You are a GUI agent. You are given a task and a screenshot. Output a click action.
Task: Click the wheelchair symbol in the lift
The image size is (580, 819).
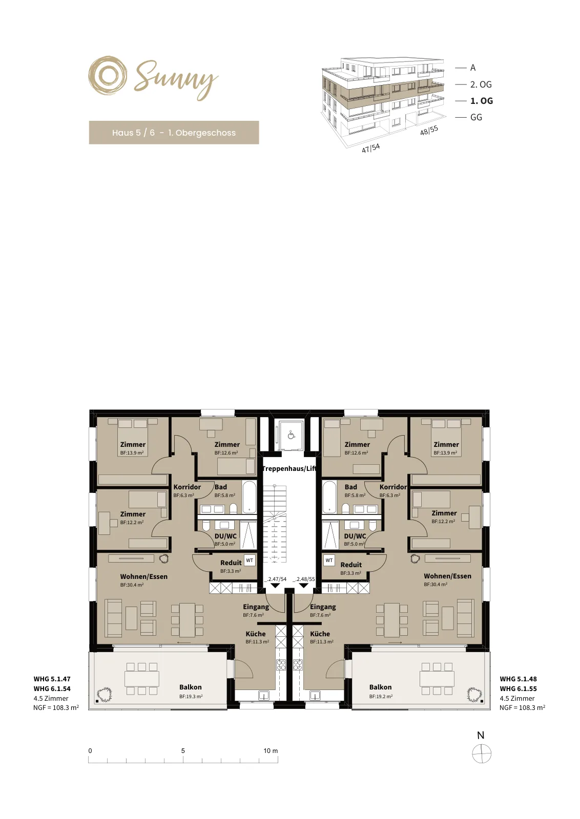click(291, 435)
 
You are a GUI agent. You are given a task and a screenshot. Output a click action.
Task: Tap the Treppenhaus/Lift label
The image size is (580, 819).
click(289, 469)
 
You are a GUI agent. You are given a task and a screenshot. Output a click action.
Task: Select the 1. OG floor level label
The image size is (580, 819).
click(481, 101)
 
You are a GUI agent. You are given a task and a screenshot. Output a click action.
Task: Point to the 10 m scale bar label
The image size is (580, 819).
click(271, 750)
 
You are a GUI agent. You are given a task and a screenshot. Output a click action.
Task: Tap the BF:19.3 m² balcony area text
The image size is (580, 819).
click(191, 697)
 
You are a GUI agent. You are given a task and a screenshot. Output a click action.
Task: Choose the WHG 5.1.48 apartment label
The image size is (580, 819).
click(518, 679)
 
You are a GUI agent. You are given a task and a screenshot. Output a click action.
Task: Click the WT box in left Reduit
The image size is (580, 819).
click(250, 561)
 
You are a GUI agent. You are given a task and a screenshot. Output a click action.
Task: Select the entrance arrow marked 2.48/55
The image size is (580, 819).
click(303, 586)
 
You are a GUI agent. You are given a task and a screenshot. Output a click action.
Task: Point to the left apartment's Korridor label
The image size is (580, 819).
click(187, 487)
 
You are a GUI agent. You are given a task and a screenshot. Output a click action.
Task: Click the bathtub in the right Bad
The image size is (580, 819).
click(329, 497)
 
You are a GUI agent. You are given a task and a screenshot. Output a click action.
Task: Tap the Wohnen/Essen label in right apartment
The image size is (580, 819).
click(447, 576)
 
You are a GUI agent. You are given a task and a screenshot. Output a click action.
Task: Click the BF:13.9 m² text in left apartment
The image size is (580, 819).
click(132, 452)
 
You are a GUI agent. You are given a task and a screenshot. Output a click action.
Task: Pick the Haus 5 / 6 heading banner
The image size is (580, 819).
click(174, 133)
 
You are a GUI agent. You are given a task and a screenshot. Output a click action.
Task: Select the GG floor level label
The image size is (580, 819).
click(476, 117)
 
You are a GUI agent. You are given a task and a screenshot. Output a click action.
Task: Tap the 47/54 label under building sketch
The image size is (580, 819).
click(370, 148)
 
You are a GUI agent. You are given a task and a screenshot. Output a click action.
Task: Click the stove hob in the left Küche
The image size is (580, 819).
click(281, 665)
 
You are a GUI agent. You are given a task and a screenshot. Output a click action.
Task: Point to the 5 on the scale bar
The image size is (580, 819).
click(183, 750)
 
